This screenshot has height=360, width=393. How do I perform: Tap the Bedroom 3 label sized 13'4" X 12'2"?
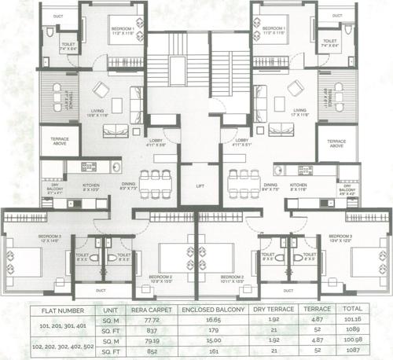(x=342, y=238)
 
